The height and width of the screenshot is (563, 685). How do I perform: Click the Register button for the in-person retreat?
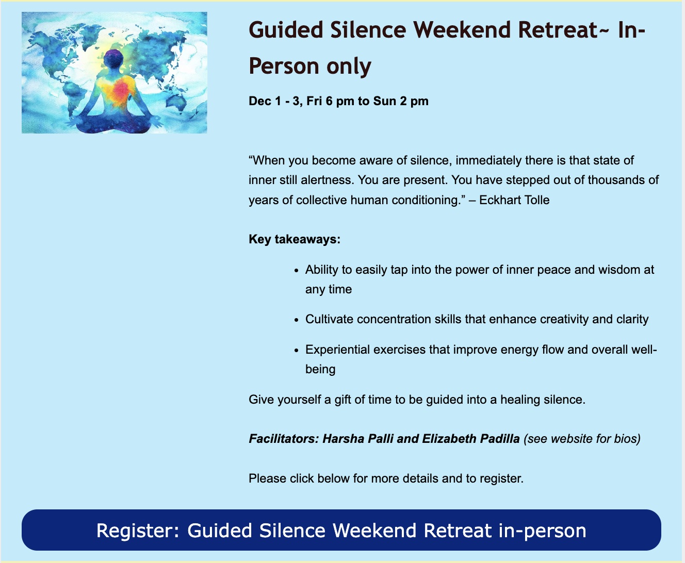(x=341, y=530)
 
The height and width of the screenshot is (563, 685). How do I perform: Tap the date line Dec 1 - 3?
(x=338, y=101)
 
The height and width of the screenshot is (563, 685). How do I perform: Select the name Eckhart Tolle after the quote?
(x=514, y=200)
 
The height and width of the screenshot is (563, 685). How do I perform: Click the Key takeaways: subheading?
(x=294, y=239)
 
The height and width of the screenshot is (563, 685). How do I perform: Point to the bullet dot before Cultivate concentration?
(x=296, y=320)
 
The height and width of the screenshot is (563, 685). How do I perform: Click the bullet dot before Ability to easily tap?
(x=296, y=271)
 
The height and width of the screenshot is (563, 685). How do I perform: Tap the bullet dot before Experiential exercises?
(x=296, y=351)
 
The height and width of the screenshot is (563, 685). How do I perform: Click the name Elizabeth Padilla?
(x=470, y=439)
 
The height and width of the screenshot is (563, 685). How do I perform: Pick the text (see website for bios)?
(x=582, y=439)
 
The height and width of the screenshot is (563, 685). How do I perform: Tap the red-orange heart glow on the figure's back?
(x=121, y=90)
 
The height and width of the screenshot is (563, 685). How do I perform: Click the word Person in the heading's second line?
(x=284, y=66)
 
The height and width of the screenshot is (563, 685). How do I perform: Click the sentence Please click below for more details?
(x=386, y=478)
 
